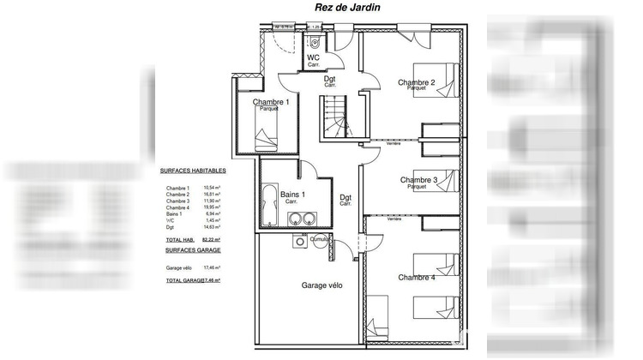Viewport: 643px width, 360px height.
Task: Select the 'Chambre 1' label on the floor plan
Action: (x=270, y=103)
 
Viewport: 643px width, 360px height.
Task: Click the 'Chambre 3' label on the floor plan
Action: (x=418, y=180)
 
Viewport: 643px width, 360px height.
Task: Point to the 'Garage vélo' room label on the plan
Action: (x=321, y=285)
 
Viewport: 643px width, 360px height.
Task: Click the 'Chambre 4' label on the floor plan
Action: (x=416, y=278)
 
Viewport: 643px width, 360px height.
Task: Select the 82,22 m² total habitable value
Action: (x=211, y=240)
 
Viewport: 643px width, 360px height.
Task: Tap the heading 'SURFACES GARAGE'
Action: (x=193, y=249)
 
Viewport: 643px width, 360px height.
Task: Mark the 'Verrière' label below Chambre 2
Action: (x=394, y=143)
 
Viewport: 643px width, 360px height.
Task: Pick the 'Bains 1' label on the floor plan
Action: (x=293, y=195)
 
